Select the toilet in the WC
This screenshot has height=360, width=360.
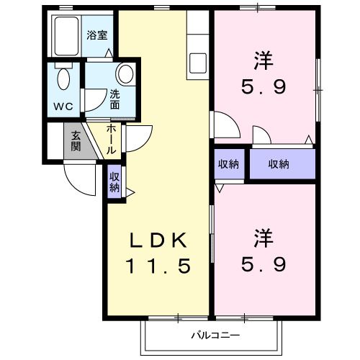tap(63, 79)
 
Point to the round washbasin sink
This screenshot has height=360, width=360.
tap(125, 74)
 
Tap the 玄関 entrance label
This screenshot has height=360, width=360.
tap(76, 142)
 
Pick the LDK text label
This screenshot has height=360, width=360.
tap(160, 240)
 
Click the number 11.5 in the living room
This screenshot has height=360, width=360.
tap(160, 266)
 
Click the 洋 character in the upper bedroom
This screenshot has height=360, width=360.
tap(263, 59)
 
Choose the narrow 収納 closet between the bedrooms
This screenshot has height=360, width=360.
tap(229, 164)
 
